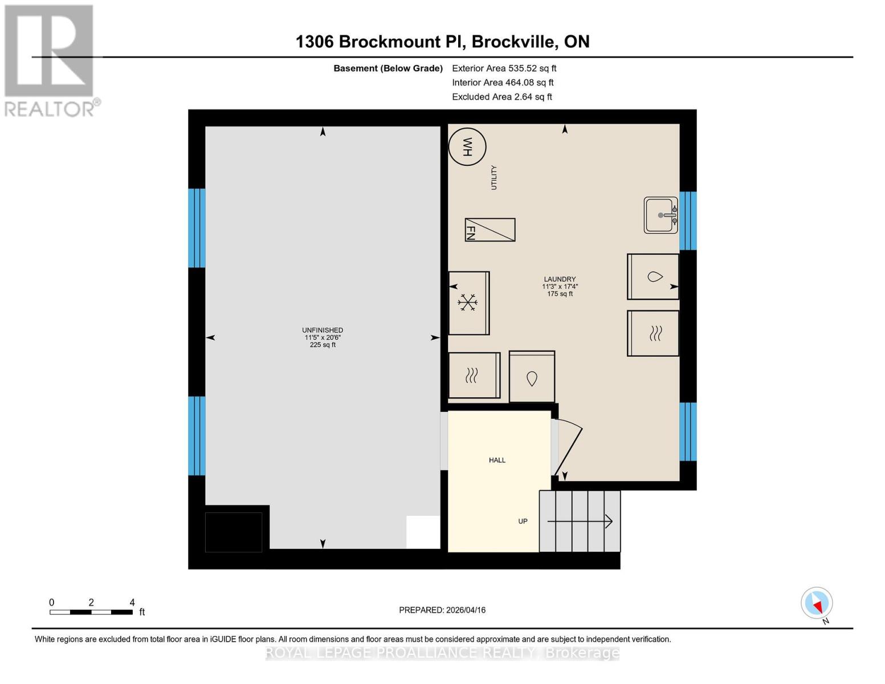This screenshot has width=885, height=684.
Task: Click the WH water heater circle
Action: coord(467,147)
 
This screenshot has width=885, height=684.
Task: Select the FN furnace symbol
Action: coord(490,230)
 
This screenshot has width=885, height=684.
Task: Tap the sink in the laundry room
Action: coord(660,215)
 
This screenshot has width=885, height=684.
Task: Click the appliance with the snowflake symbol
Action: coord(468,303)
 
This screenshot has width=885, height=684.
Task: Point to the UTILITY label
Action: coord(494,177)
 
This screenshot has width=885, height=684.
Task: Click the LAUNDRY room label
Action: coord(559,279)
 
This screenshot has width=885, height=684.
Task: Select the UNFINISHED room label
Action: coord(323,330)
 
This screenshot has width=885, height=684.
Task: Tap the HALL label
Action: coord(497,460)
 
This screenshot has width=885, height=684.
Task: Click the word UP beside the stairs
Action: coord(523,521)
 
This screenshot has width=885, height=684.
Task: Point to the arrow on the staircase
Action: coord(580,521)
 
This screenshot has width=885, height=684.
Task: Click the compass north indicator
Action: coord(817,603)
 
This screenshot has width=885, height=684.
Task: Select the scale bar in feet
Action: coord(91,612)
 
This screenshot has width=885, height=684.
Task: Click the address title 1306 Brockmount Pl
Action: coord(442,42)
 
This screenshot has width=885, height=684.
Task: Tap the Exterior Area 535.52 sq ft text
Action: coord(504,68)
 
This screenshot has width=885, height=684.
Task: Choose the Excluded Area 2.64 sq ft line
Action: coord(501,97)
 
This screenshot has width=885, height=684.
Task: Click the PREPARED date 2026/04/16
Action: coord(442,610)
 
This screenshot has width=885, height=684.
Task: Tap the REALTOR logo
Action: coord(50,60)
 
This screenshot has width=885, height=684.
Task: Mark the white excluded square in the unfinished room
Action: coord(423,532)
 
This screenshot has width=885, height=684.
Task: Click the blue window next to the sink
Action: coord(688,221)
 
